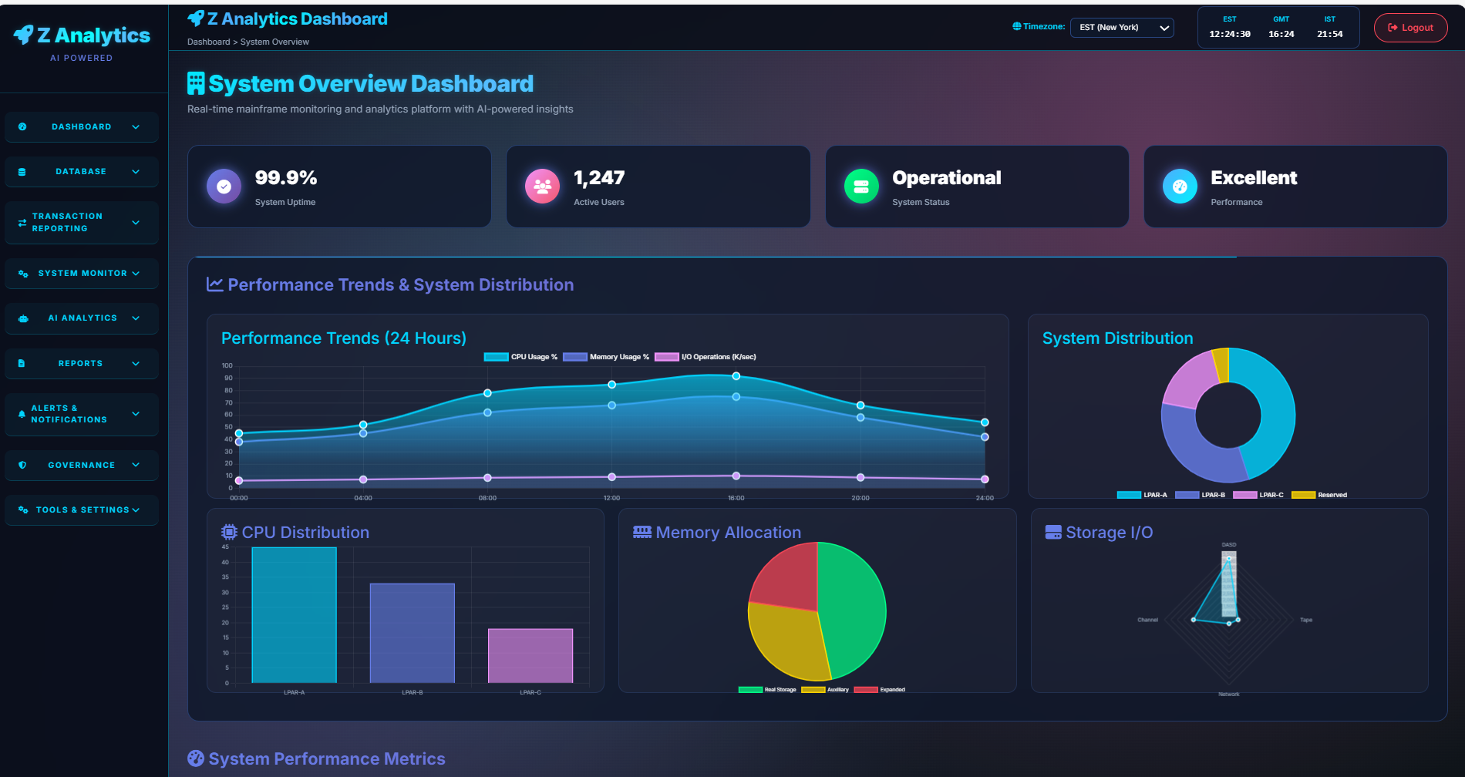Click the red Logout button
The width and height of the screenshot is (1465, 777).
[1410, 28]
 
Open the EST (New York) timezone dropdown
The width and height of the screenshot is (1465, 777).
[1122, 28]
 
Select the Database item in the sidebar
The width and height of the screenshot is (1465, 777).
[81, 172]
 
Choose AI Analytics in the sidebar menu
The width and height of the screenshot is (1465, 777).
[82, 318]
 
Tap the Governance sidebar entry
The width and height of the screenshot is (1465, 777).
[81, 466]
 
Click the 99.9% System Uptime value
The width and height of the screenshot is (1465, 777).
[286, 178]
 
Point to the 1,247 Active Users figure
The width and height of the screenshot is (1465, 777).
[599, 178]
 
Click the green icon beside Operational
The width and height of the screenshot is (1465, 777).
[861, 187]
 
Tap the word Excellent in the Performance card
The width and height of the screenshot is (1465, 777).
[1254, 178]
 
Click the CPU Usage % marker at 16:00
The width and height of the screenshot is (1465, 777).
[736, 376]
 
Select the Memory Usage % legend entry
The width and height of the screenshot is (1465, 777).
[606, 357]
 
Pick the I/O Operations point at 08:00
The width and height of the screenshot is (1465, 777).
[487, 478]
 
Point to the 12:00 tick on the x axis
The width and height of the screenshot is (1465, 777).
[611, 498]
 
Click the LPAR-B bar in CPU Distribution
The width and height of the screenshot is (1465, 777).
[413, 632]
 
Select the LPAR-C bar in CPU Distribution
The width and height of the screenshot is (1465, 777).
[530, 655]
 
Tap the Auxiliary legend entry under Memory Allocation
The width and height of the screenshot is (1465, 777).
[825, 690]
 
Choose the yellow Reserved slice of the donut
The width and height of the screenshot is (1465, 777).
[1221, 364]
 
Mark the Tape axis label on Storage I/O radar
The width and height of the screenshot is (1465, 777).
[1306, 620]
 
